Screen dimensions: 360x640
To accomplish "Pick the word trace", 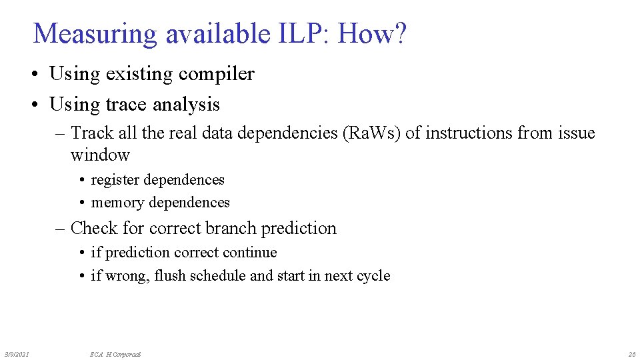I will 127,105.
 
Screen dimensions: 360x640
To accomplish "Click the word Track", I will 93,133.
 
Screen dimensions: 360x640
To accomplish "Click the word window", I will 100,155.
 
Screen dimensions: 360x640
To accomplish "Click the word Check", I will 94,228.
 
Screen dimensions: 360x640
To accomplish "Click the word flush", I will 170,276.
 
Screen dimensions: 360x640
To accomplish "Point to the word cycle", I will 373,276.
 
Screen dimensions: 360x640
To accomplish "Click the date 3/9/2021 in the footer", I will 17,354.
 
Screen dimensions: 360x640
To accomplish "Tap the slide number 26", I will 631,354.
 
